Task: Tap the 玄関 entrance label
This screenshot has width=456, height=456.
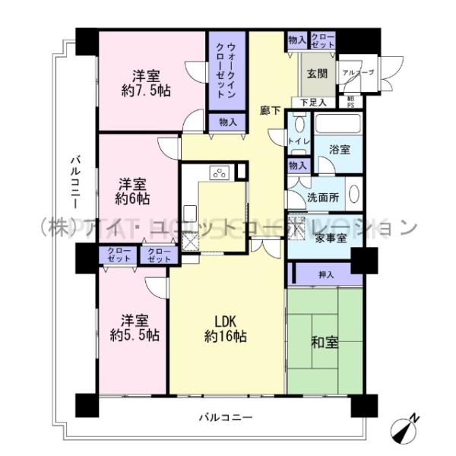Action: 315,74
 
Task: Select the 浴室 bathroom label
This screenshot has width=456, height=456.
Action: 340,149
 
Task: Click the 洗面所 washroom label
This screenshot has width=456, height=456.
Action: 322,197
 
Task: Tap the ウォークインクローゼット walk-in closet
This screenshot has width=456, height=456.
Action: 226,74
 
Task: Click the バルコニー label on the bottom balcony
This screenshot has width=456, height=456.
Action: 226,417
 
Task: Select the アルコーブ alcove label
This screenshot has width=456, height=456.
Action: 356,74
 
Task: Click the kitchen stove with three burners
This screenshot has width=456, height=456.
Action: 220,173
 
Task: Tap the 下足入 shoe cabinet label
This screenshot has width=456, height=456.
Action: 312,102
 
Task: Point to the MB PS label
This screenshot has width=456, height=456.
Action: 350,101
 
